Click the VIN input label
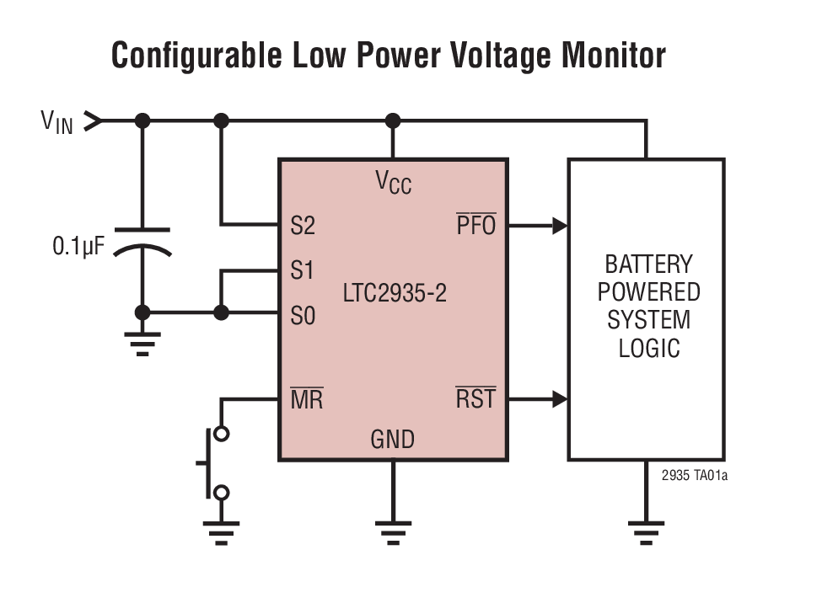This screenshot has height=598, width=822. click(56, 122)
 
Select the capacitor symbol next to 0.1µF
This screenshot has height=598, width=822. click(142, 240)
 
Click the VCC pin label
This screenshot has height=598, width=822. click(393, 182)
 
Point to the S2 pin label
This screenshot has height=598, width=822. click(302, 226)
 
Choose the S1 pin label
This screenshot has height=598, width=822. click(302, 271)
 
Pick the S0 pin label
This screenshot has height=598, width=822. click(302, 316)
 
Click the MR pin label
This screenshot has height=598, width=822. click(306, 399)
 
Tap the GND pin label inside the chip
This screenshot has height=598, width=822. click(392, 439)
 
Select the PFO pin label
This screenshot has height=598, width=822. click(476, 226)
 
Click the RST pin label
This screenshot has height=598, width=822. click(475, 398)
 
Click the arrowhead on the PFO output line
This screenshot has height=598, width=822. click(559, 226)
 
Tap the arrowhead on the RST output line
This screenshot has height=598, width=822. click(559, 398)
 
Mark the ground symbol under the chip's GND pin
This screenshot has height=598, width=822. click(392, 531)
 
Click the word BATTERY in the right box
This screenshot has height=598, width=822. click(647, 264)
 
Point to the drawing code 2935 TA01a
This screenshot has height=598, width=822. click(694, 476)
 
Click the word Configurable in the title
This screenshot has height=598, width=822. click(196, 56)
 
